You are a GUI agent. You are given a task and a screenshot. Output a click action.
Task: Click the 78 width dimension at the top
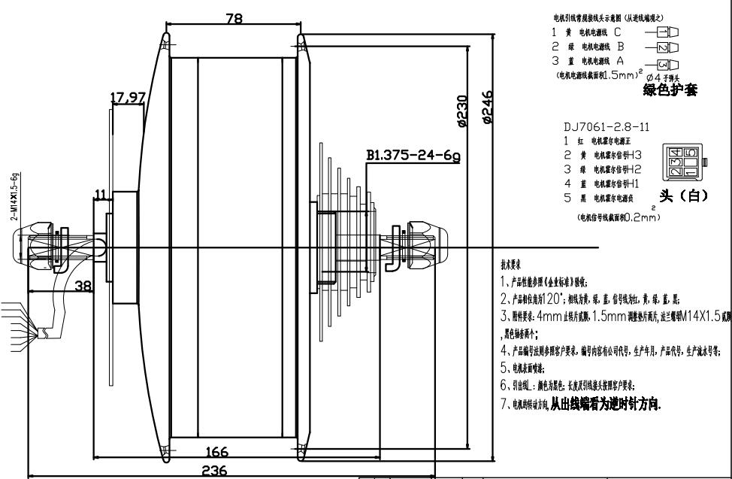(234, 20)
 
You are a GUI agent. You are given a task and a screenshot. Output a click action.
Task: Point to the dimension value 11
(99, 196)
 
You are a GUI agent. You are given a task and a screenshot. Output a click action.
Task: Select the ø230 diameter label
(462, 111)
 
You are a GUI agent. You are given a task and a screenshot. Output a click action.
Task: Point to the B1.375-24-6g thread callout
(413, 156)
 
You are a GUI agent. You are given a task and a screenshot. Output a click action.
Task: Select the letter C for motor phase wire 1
(617, 32)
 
